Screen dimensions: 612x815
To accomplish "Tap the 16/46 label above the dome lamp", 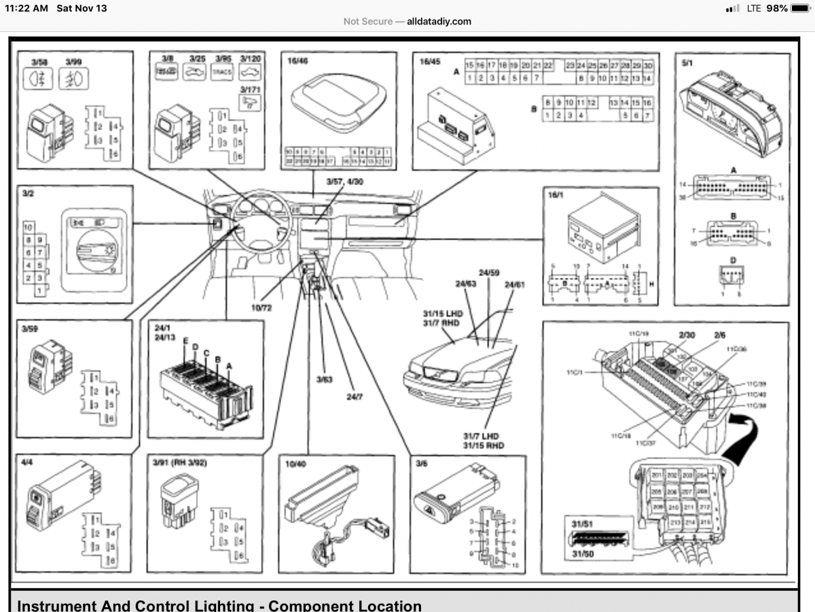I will click(297, 61).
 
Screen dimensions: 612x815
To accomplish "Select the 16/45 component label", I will click(430, 61).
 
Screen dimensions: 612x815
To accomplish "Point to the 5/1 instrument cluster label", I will click(687, 61).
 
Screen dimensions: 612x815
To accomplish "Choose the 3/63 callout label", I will click(324, 379).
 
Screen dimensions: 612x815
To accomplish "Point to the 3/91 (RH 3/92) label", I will click(179, 463).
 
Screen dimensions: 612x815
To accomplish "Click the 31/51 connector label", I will click(579, 524).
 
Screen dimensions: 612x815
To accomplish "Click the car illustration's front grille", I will click(434, 372).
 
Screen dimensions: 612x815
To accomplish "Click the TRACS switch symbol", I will click(222, 73).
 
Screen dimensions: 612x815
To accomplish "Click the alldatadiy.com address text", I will click(439, 21).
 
